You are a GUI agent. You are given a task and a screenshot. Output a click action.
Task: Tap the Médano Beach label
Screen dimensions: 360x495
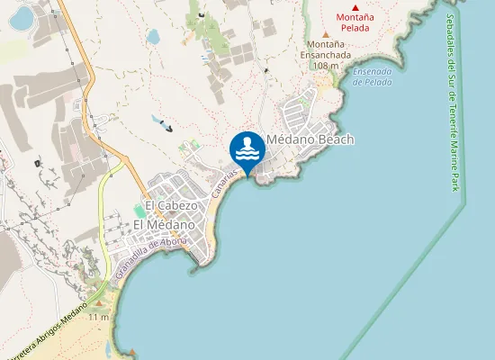click(x=310, y=139)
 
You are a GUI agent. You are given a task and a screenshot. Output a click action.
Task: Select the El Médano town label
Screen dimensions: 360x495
click(x=164, y=224)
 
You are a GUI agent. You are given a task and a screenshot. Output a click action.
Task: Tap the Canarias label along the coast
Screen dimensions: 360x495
click(x=224, y=184)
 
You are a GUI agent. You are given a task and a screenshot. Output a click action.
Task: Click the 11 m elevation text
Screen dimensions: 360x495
click(x=99, y=317)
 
